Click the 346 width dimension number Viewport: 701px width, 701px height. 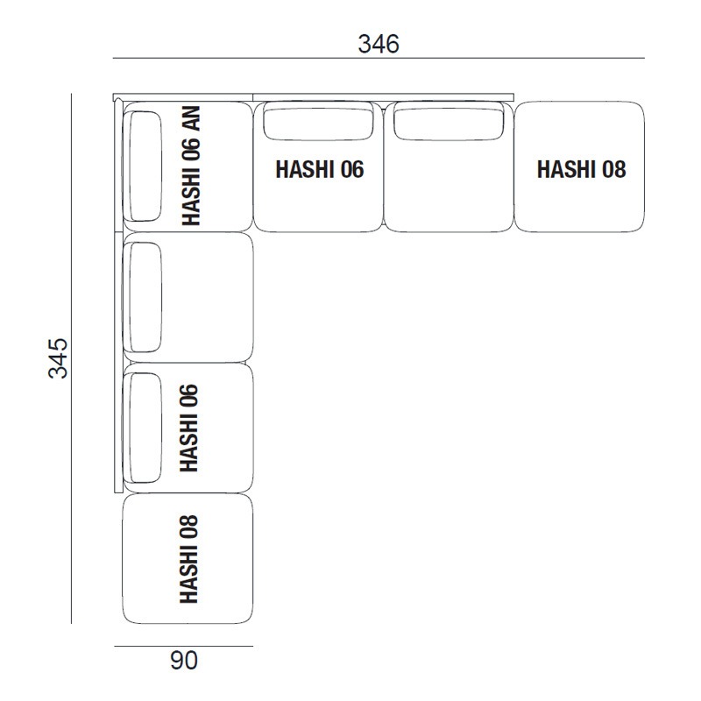pos(379,43)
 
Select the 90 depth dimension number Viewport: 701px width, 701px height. pos(183,662)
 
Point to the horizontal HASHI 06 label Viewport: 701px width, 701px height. pos(319,169)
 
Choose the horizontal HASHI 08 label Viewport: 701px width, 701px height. pos(581,169)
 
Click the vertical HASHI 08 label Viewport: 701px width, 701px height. pos(188,558)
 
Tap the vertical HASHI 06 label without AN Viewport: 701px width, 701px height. pos(188,428)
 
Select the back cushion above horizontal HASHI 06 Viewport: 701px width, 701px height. pos(317,123)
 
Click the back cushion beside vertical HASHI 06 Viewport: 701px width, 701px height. pos(145,428)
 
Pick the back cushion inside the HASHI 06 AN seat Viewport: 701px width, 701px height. pos(145,166)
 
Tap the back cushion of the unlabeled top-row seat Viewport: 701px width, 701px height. pos(449,123)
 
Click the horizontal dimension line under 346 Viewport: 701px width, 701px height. pos(379,59)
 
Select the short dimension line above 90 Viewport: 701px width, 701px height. pos(183,647)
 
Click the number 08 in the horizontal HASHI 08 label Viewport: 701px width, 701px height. pos(613,169)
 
